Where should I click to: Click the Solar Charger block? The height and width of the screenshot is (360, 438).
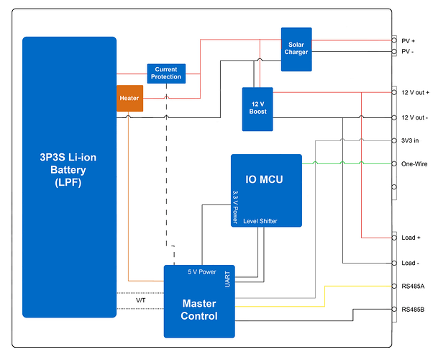pos(296,49)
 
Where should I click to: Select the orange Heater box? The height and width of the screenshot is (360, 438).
pos(130,99)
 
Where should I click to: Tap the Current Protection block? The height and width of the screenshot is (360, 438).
pos(166,73)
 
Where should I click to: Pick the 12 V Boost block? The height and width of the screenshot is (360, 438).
pos(257,108)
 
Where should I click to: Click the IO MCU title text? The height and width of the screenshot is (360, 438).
pos(265,178)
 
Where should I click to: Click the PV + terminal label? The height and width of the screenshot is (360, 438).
pos(408,40)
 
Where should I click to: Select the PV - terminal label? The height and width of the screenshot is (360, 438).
pos(407,52)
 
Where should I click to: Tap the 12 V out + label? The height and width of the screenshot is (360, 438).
pos(415,92)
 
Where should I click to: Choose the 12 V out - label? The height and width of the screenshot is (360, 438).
pos(414,117)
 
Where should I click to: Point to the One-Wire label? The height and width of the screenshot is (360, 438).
pos(414,163)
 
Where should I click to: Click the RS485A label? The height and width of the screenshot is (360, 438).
pos(412,286)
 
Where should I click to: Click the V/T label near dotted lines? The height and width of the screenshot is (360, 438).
pos(140,300)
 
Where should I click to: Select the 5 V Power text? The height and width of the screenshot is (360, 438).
pos(202,272)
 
